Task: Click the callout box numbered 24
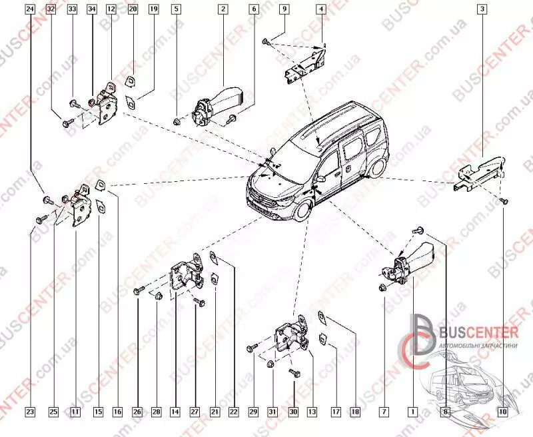point(30,9)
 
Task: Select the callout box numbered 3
point(481,9)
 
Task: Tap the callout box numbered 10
point(502,412)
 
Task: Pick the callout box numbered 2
point(223,9)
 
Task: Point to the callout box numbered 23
point(30,412)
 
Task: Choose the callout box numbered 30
point(293,412)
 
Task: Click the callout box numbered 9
point(284,9)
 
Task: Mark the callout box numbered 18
point(356,412)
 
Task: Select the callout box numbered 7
point(384,412)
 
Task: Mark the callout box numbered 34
point(91,9)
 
